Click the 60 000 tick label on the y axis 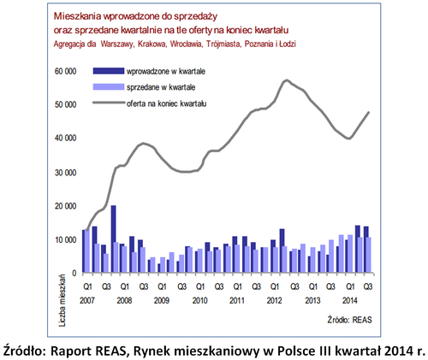(65, 71)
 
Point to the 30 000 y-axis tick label (65, 173)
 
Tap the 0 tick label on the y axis (74, 273)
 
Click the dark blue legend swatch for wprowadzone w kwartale (109, 71)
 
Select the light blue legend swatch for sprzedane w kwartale (109, 87)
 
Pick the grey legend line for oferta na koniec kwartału (109, 103)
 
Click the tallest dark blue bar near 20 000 (113, 239)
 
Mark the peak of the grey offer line (287, 80)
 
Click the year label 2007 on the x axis (87, 300)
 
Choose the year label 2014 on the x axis (349, 300)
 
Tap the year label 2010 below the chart (199, 300)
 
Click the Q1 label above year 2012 (275, 286)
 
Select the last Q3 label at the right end (368, 286)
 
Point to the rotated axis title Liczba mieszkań (62, 300)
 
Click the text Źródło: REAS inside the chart (350, 320)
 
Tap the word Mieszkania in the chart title (77, 16)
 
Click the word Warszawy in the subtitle (117, 44)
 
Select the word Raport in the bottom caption (70, 351)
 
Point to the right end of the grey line (369, 112)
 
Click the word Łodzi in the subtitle (288, 44)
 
